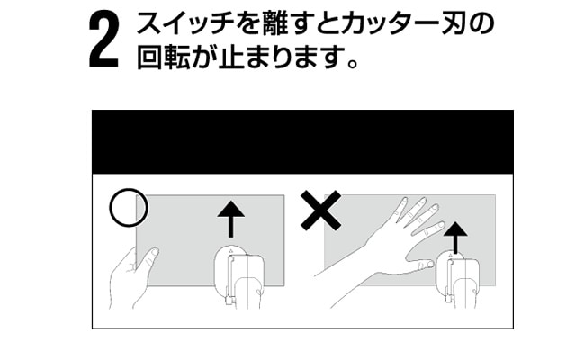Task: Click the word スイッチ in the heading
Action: [185, 23]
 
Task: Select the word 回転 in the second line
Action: [163, 57]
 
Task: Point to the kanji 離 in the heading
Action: [274, 23]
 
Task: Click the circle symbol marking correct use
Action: [129, 208]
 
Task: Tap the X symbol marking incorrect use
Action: [320, 211]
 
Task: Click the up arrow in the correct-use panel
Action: [230, 219]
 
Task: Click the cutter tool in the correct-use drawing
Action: [239, 276]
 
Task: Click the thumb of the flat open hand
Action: [420, 265]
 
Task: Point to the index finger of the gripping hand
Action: [148, 261]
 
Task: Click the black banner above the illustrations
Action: [302, 142]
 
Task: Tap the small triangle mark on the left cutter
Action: [230, 252]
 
